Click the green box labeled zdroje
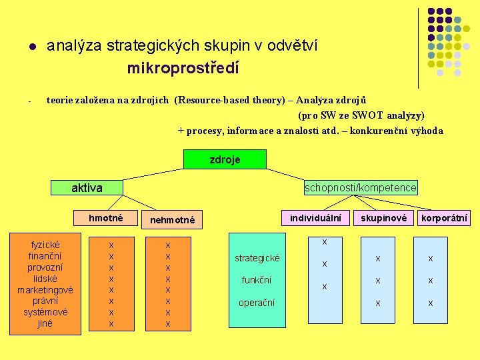pos(225,159)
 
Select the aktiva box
pos(87,188)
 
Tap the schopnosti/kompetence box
pos(361,188)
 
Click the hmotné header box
pos(106,218)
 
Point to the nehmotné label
pos(173,220)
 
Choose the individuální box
pos(316,218)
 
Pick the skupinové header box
pos(383,218)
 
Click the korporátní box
pos(444,218)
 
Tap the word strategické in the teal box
pos(257,258)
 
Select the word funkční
pos(257,280)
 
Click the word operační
pos(257,303)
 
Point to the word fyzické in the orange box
pos(45,245)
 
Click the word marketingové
pos(45,290)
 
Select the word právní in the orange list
pos(45,301)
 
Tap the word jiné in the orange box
pos(45,323)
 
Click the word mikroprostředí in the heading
pos(183,68)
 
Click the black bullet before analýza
pos(31,47)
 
